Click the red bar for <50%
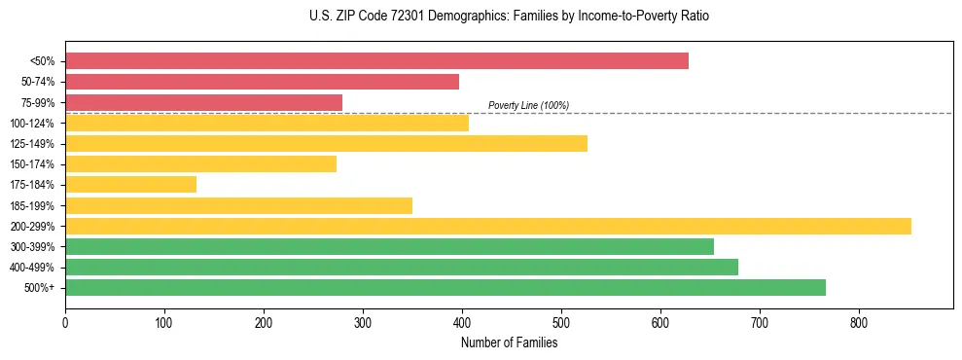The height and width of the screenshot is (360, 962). [x=376, y=60]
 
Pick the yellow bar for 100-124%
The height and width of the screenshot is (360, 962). [x=267, y=123]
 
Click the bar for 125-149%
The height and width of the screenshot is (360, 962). [x=326, y=143]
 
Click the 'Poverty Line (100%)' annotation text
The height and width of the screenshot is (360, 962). [x=528, y=105]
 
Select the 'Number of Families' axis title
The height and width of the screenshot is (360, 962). [x=509, y=342]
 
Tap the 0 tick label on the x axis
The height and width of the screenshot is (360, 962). [x=65, y=322]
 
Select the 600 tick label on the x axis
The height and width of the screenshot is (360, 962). [x=660, y=322]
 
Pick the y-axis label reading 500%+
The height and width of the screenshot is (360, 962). [x=39, y=288]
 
